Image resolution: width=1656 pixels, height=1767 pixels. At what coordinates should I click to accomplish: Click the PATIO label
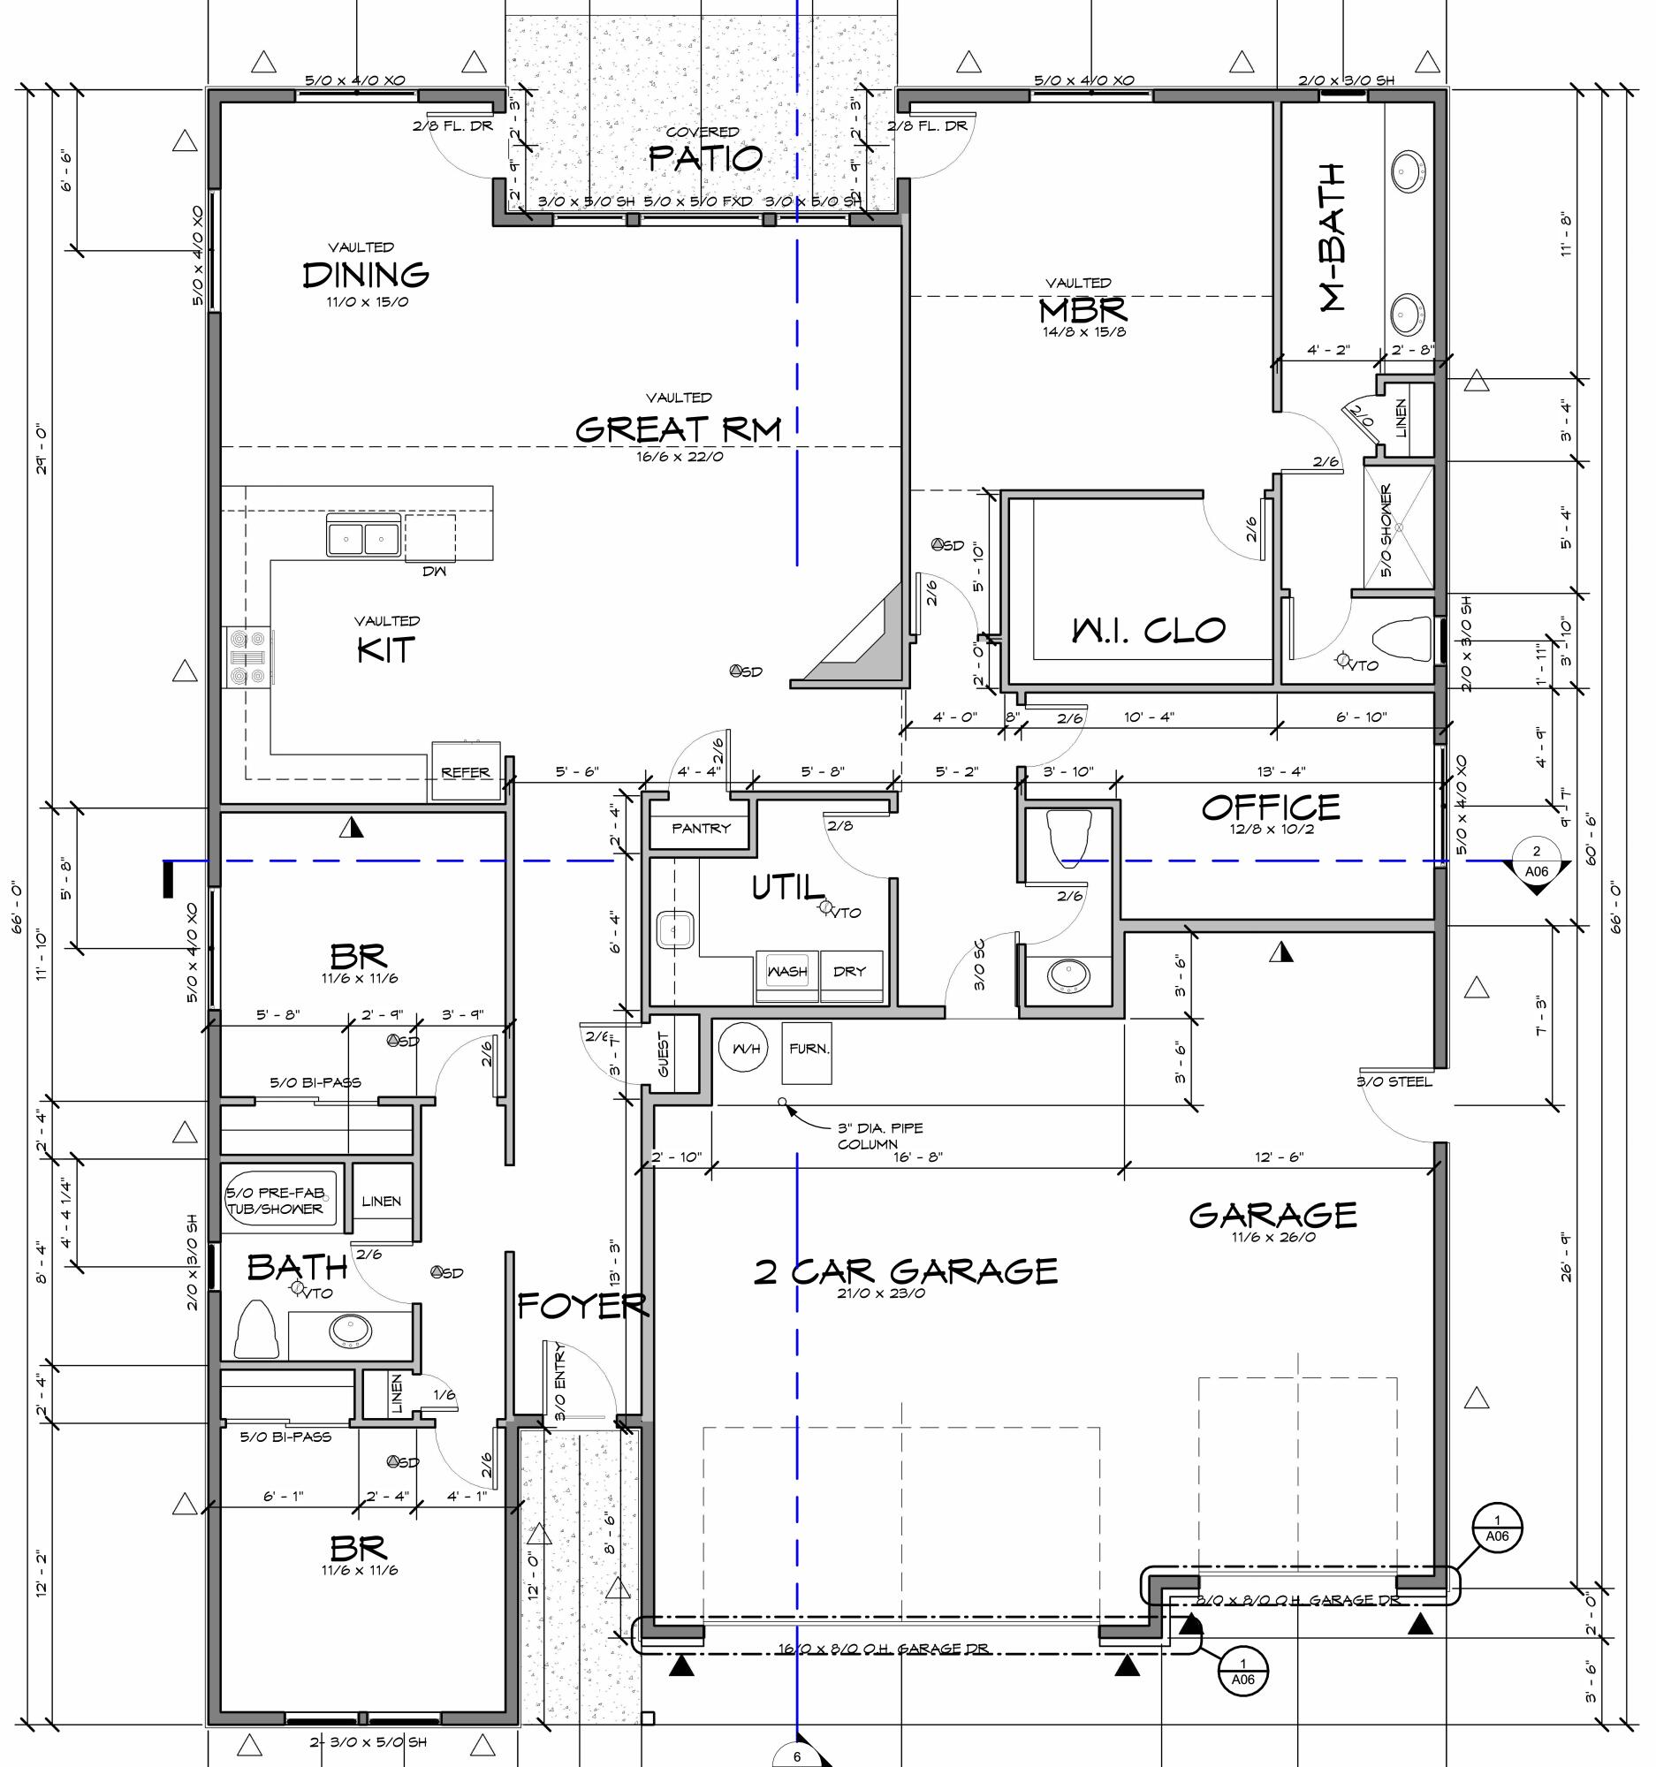tap(705, 158)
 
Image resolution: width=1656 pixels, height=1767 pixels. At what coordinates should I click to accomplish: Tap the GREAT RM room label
tap(679, 429)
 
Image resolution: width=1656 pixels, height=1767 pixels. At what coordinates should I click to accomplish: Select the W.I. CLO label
tap(1149, 630)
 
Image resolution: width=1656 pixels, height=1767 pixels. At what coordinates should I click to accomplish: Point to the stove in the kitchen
tap(248, 657)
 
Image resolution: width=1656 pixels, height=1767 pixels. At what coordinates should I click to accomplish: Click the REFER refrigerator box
tap(466, 771)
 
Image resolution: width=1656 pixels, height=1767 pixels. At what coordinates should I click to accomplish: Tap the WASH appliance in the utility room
tap(786, 972)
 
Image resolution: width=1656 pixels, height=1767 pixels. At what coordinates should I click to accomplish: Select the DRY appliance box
tap(850, 972)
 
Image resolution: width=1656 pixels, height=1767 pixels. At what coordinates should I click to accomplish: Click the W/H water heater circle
tap(746, 1049)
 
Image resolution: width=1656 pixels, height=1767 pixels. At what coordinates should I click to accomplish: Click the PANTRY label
tap(701, 829)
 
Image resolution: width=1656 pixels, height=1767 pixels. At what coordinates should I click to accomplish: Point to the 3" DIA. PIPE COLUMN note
tap(880, 1136)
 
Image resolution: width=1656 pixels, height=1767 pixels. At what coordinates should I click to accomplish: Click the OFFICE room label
tap(1270, 807)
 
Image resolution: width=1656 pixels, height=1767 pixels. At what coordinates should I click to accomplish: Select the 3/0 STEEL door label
tap(1394, 1081)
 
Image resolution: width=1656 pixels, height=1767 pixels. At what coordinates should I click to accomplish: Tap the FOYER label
tap(582, 1305)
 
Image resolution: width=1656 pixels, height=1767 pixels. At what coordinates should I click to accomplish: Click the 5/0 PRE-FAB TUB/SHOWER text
tap(276, 1201)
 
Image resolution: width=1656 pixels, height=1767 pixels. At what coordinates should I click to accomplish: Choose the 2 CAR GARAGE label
tap(905, 1272)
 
